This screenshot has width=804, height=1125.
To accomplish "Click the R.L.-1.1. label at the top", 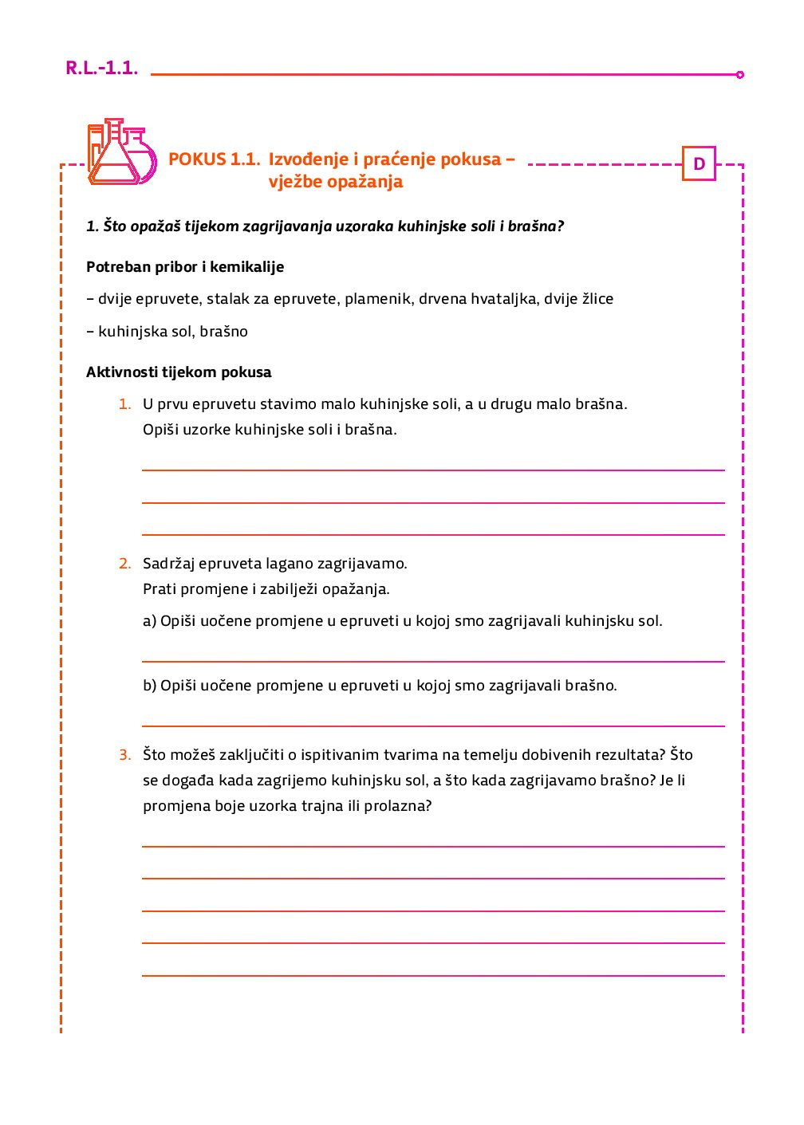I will pyautogui.click(x=101, y=69).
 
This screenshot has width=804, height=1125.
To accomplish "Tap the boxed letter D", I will pyautogui.click(x=699, y=164).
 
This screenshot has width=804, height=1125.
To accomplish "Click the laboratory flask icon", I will pyautogui.click(x=121, y=152).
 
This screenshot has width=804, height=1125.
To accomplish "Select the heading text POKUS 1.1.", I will pyautogui.click(x=214, y=159).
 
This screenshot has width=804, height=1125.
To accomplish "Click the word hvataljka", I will pyautogui.click(x=503, y=299).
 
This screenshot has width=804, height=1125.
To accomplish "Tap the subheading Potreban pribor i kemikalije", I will pyautogui.click(x=185, y=267).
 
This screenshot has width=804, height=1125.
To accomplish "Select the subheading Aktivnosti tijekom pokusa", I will pyautogui.click(x=179, y=372).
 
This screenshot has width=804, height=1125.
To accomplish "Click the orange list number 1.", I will pyautogui.click(x=124, y=404).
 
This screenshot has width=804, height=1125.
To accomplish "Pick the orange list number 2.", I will pyautogui.click(x=124, y=564).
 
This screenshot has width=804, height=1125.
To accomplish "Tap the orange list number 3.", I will pyautogui.click(x=124, y=755).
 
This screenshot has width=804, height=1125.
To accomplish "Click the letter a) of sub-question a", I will pyautogui.click(x=149, y=621).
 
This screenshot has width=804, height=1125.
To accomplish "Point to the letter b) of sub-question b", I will pyautogui.click(x=149, y=686).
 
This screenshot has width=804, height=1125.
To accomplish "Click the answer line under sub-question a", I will pyautogui.click(x=433, y=661).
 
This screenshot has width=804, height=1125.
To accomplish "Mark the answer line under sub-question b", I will pyautogui.click(x=433, y=726).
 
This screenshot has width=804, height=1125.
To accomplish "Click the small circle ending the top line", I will pyautogui.click(x=740, y=75).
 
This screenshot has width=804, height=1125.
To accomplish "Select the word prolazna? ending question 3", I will pyautogui.click(x=398, y=806).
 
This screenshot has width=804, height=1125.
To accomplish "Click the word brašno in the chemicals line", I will pyautogui.click(x=224, y=332).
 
